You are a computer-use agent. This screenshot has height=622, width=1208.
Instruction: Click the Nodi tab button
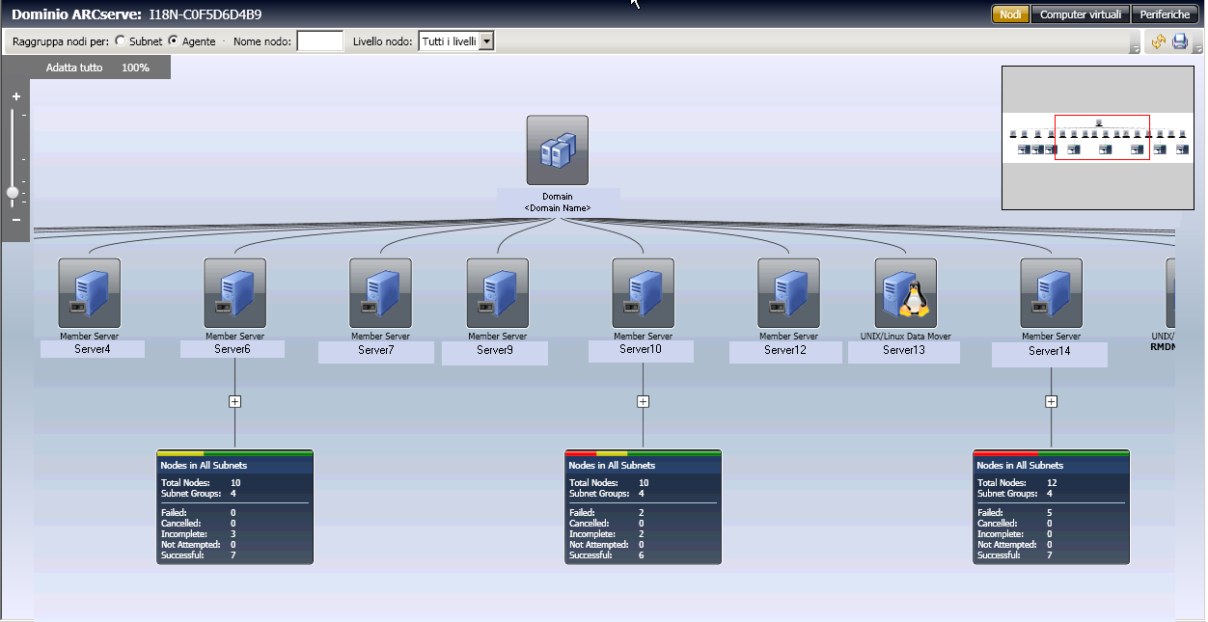[1010, 14]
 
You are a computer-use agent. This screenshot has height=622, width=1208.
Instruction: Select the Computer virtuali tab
[1080, 14]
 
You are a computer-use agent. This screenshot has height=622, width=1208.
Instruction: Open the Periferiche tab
[1166, 14]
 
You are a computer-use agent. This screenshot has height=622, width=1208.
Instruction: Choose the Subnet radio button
[120, 41]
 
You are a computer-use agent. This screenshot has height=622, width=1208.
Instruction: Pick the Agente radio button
[174, 41]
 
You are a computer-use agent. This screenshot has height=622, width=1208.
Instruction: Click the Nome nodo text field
[319, 41]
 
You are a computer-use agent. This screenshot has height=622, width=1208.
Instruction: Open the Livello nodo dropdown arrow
[486, 41]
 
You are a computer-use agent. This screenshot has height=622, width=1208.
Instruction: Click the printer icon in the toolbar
[1179, 41]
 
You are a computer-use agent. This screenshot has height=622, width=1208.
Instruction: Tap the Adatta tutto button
[74, 68]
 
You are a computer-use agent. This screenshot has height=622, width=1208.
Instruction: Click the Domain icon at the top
[557, 150]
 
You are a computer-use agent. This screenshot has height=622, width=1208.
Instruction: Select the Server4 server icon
[90, 292]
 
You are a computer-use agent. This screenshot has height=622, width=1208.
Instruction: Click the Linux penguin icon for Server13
[906, 292]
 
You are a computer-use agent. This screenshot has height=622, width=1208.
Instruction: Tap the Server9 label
[495, 350]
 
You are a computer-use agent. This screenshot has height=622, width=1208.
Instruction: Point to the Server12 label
[784, 350]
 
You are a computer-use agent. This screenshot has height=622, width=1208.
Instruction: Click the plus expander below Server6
[234, 401]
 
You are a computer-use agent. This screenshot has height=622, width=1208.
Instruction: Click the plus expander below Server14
[1052, 401]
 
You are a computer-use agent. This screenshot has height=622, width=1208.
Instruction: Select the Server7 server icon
[380, 292]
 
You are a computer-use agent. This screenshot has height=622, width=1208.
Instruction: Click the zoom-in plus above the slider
[16, 96]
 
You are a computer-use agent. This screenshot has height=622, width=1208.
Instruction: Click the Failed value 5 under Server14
[1050, 513]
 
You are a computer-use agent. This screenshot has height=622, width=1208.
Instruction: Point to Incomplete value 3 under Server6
[233, 534]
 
